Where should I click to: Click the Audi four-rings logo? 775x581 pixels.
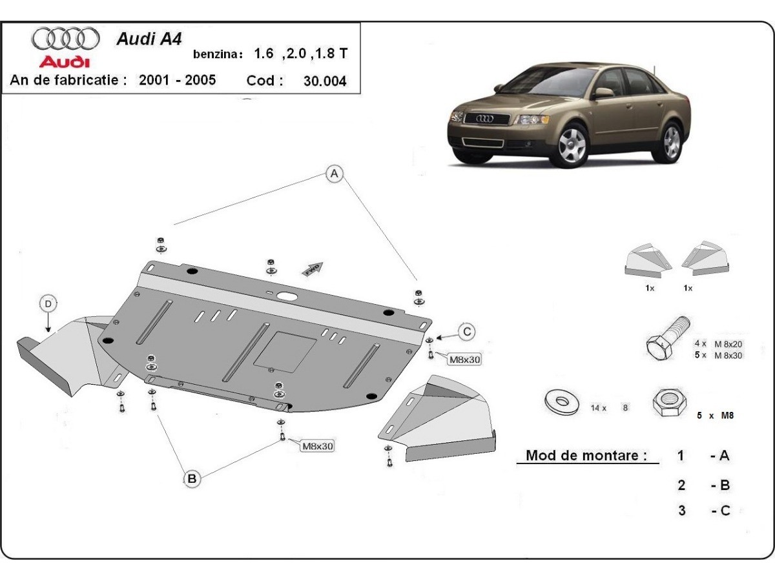(x=65, y=39)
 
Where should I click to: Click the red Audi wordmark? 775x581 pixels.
(x=64, y=62)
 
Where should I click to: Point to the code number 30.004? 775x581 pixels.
(x=325, y=81)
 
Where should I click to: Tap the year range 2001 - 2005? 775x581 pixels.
(x=178, y=80)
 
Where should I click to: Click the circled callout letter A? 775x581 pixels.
(x=334, y=173)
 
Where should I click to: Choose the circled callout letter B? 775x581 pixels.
(x=192, y=478)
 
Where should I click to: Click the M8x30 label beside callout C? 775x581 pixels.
(x=464, y=360)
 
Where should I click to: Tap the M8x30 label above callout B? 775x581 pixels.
(x=317, y=445)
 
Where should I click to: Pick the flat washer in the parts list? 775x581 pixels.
(x=559, y=402)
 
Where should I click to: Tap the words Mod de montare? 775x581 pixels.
(x=586, y=455)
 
